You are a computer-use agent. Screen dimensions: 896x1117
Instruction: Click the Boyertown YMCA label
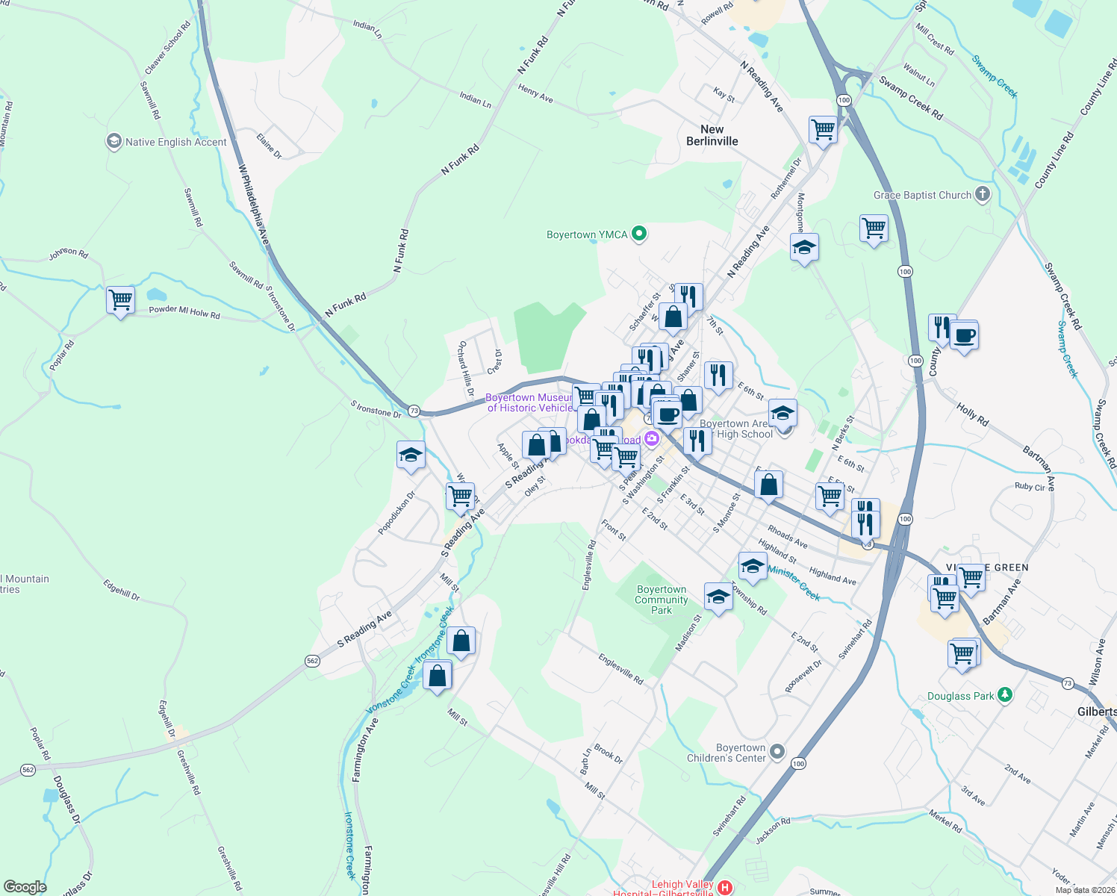[x=587, y=234]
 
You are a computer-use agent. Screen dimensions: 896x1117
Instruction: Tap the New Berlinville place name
[x=712, y=135]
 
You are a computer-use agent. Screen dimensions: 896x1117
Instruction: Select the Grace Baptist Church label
[x=923, y=196]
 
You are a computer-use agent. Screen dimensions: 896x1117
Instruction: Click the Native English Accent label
[x=175, y=142]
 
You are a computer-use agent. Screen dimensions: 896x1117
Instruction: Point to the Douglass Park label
[x=961, y=696]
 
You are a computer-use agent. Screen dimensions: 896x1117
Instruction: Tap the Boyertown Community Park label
[x=662, y=600]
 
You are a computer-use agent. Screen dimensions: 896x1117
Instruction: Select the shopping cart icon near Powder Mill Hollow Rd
[x=120, y=300]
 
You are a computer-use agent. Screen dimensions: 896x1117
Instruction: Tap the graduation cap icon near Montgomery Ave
[x=803, y=247]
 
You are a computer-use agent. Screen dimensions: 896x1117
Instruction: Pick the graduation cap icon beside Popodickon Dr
[x=411, y=455]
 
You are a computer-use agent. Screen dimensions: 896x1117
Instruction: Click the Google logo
[x=25, y=886]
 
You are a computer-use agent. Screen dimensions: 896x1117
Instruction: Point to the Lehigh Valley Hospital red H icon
[x=724, y=887]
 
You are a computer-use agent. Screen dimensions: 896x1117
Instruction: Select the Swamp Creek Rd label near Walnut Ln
[x=911, y=98]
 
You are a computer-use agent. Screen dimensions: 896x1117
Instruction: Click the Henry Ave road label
[x=535, y=93]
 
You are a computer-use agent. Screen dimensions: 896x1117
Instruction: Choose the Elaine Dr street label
[x=269, y=146]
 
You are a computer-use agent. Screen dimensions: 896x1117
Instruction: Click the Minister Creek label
[x=794, y=582]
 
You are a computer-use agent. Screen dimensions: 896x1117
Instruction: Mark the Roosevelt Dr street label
[x=803, y=676]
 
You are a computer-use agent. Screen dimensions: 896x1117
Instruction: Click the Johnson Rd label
[x=69, y=254]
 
